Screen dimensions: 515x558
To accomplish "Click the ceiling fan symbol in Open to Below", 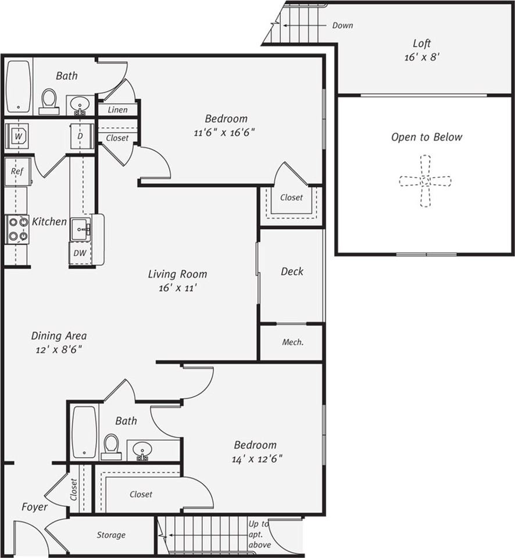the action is (425, 181).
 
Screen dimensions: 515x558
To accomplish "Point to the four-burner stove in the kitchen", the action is (17, 229).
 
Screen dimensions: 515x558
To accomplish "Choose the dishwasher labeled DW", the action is (80, 253).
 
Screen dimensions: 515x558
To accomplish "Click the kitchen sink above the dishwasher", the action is (81, 230).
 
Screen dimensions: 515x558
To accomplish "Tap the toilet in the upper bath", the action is (49, 101).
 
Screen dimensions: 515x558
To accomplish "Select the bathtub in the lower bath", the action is (84, 432).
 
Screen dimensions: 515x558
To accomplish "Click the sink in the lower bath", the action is (142, 450).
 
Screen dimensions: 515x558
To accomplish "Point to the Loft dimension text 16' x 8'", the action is (422, 58).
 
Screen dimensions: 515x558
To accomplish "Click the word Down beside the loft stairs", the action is (342, 25).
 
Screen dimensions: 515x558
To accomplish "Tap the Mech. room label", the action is (293, 342).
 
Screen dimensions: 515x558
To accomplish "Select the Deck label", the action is (292, 271).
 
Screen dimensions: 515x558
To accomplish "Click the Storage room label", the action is (111, 535).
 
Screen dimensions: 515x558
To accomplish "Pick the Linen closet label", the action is (118, 110).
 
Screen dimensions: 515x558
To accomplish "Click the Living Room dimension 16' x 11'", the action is (178, 288).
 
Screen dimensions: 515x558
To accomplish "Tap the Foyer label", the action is (34, 507).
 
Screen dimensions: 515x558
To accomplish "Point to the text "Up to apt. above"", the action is (259, 534).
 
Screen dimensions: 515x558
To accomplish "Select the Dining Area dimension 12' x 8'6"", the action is (59, 349).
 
